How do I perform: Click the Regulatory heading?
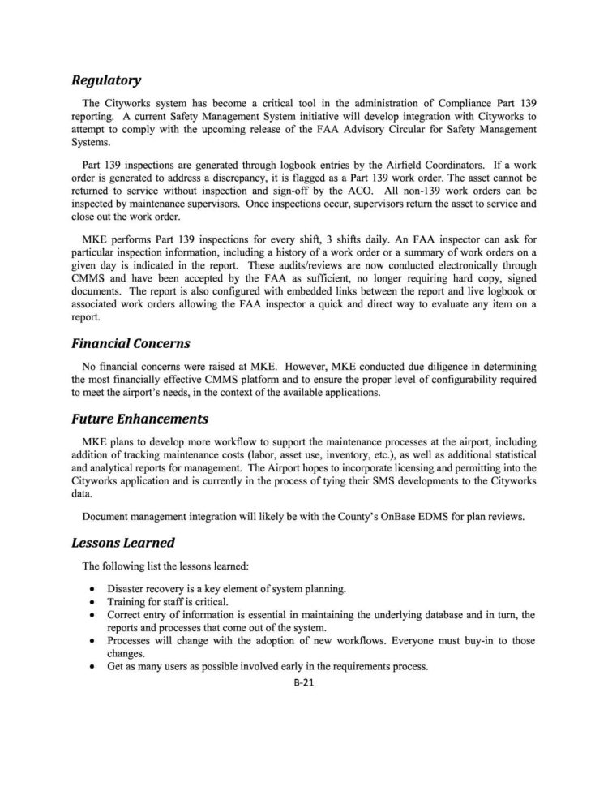click(106, 80)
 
